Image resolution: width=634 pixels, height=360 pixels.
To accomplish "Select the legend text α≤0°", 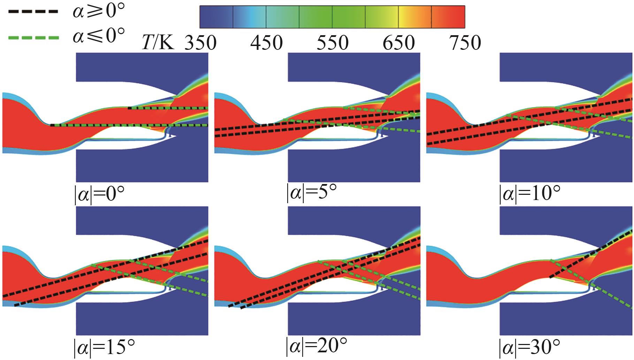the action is tap(99, 36).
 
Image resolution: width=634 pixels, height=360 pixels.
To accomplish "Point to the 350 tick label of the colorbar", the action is tap(200, 43).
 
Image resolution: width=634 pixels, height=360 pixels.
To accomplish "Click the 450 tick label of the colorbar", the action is tap(267, 43).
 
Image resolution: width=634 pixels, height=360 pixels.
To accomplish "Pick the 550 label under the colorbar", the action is tap(333, 43).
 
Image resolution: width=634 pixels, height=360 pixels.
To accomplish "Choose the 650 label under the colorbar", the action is tap(399, 43).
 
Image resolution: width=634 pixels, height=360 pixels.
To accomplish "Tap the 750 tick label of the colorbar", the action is tap(465, 43).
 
